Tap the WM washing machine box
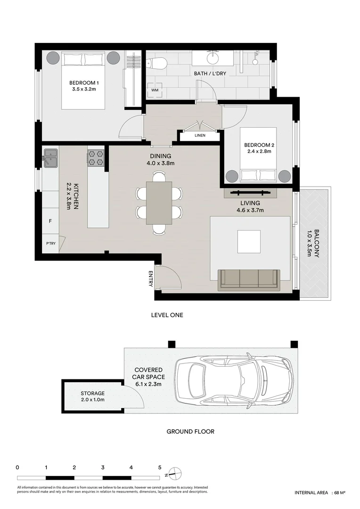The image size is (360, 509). click(x=154, y=90)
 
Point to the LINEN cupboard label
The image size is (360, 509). click(x=199, y=136)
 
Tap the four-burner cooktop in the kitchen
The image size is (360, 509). click(x=96, y=157)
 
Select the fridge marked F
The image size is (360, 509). click(x=50, y=221)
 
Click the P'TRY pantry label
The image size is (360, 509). click(x=50, y=243)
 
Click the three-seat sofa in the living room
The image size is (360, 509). click(x=249, y=278)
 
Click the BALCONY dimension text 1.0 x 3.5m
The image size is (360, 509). click(x=309, y=243)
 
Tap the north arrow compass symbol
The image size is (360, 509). click(x=174, y=473)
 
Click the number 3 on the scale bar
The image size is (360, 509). click(x=103, y=468)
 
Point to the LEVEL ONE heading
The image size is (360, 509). click(x=167, y=315)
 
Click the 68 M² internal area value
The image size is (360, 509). click(x=339, y=493)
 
